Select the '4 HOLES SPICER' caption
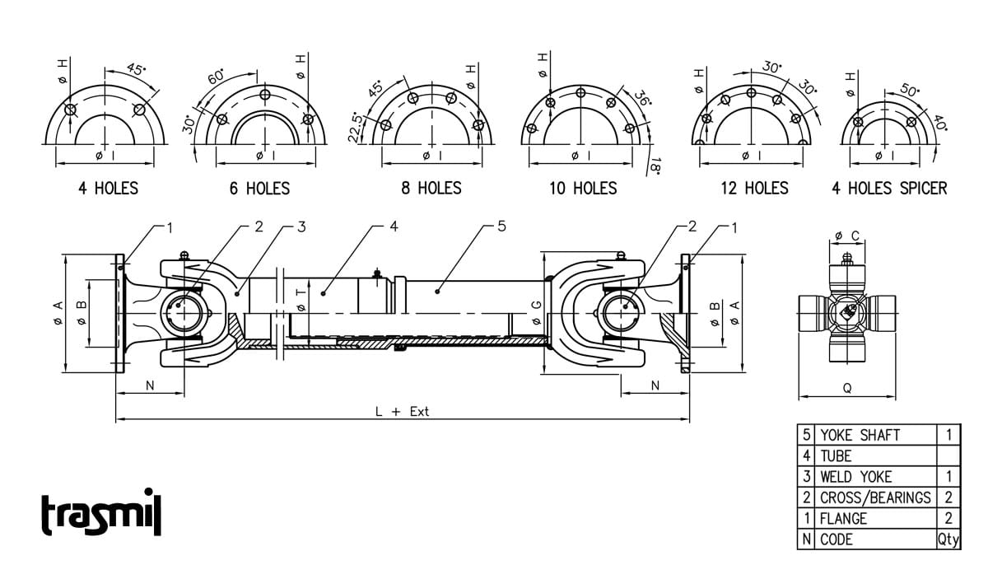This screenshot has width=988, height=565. click(889, 189)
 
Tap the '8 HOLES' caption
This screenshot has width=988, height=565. click(431, 189)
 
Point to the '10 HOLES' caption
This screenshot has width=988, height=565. click(583, 189)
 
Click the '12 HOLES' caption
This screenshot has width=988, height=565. click(754, 189)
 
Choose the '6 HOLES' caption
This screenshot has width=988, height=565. click(259, 189)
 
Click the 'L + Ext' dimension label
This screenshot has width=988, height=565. click(402, 411)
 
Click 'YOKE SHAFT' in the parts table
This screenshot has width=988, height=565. click(860, 435)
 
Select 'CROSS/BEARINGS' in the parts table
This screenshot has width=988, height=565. click(875, 497)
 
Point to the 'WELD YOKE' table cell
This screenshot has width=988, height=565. click(855, 477)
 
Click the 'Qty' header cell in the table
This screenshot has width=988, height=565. click(948, 539)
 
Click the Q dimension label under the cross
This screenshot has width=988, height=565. click(847, 388)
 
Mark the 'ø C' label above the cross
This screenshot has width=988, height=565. click(847, 236)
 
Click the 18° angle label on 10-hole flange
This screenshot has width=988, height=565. click(655, 166)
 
